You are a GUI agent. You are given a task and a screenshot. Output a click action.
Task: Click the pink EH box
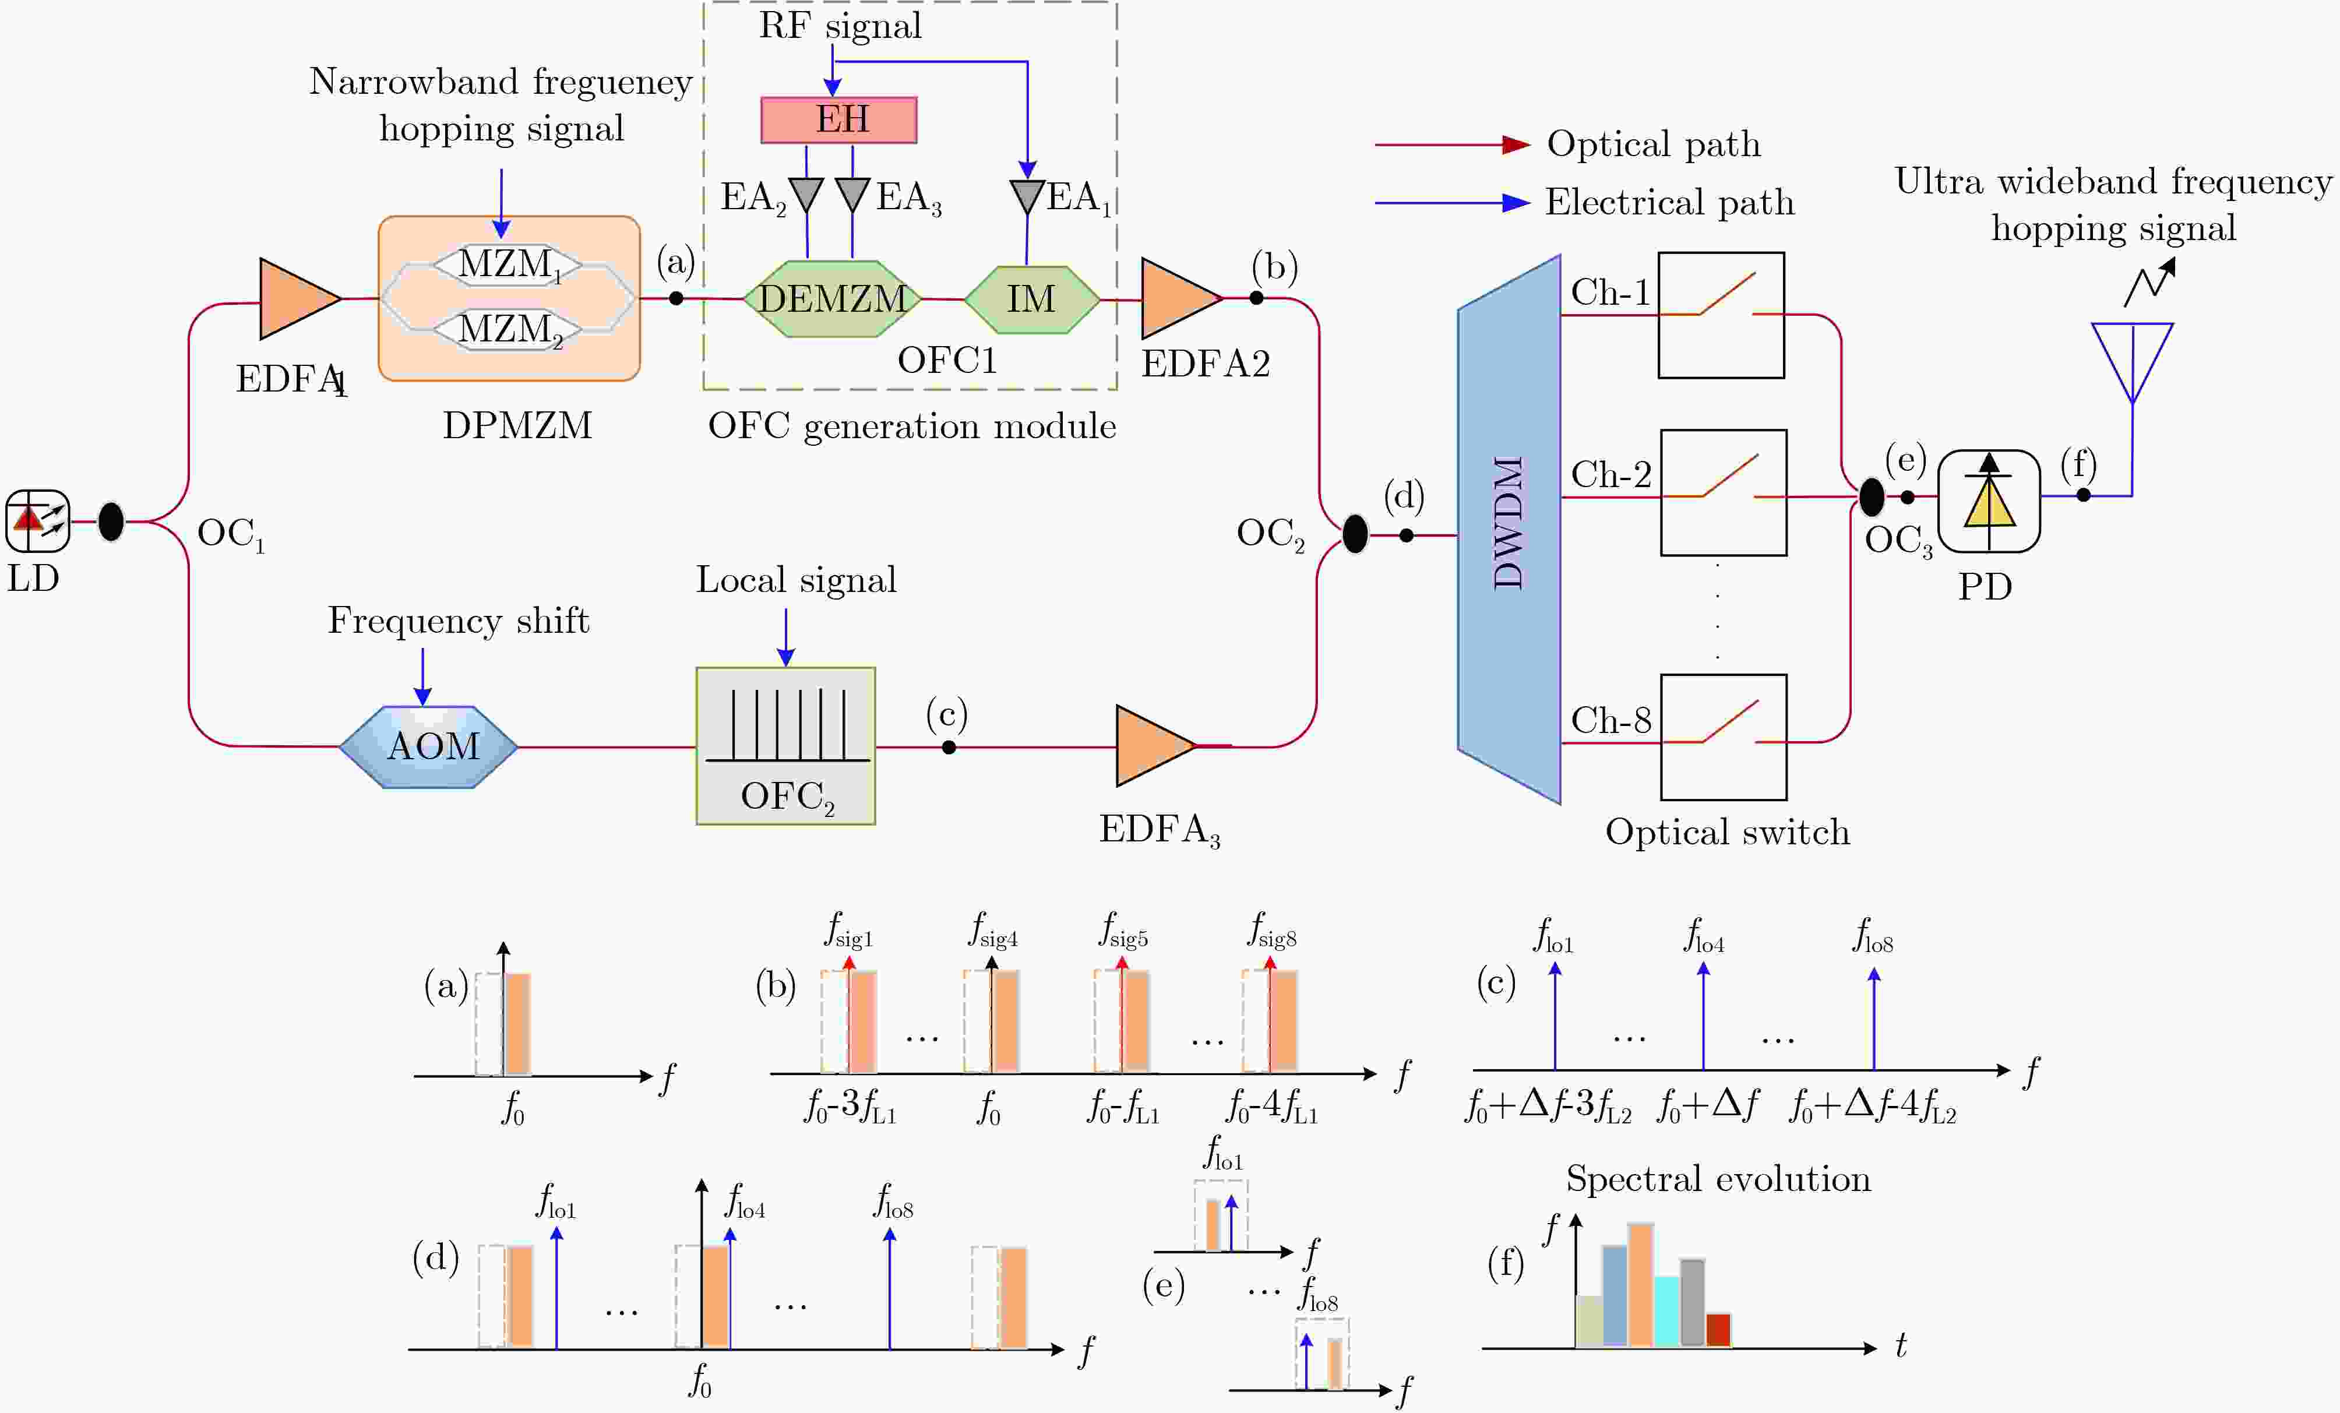[838, 119]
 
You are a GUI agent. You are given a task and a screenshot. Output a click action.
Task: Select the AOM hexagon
[428, 746]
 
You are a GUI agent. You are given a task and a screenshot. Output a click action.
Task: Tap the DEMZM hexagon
[832, 298]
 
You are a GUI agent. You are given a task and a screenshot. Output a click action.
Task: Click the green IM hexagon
[1032, 299]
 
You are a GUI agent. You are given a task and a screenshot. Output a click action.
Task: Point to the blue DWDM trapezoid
[1509, 529]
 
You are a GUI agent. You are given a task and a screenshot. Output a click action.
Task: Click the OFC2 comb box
[785, 745]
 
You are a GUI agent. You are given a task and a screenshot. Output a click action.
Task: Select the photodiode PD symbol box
[1989, 501]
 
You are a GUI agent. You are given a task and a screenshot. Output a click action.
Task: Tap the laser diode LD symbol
[38, 520]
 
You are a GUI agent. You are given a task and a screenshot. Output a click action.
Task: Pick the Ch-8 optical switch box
[1723, 737]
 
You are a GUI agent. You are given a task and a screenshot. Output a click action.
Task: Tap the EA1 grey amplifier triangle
[1027, 196]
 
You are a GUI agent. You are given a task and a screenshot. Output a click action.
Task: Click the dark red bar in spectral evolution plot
[1718, 1330]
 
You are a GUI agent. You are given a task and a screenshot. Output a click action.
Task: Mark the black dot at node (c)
[949, 748]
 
